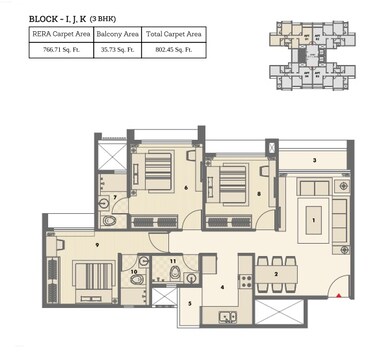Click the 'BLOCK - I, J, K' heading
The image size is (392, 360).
57,18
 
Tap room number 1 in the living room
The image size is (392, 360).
315,219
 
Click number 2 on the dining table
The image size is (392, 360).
275,271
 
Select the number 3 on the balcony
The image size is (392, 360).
315,160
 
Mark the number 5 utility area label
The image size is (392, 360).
190,303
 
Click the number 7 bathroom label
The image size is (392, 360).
116,197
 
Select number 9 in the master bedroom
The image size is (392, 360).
69,242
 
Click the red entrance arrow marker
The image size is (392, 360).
340,295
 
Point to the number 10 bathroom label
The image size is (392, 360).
134,270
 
